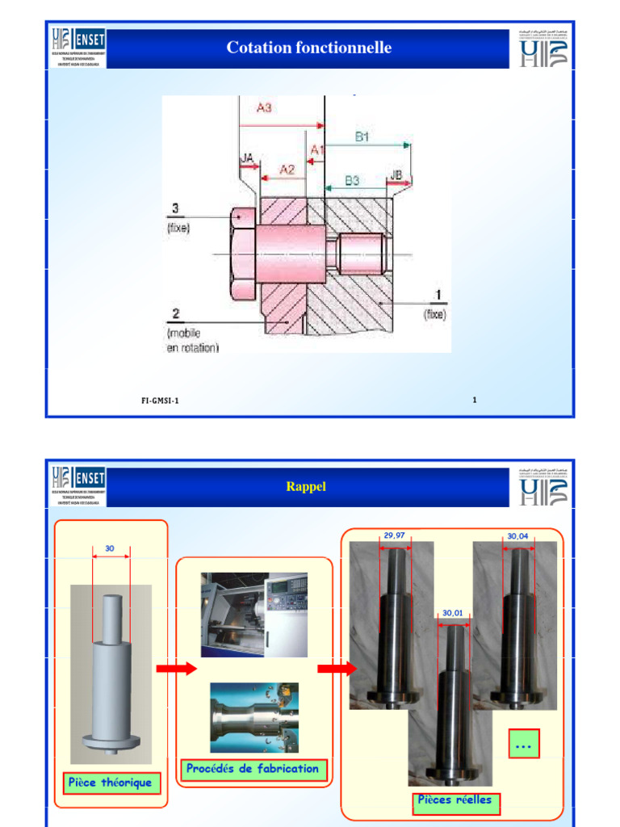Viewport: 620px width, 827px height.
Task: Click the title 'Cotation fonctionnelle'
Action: tap(309, 48)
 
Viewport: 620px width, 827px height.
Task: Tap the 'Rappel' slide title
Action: tap(307, 486)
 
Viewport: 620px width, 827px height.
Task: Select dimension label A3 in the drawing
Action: tap(264, 107)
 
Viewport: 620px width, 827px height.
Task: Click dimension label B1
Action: tap(362, 137)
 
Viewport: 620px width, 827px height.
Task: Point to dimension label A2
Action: tap(287, 169)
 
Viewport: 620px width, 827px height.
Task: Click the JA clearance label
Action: tap(248, 158)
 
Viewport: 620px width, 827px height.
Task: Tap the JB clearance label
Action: tap(396, 175)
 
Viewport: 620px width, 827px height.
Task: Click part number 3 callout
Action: tap(173, 208)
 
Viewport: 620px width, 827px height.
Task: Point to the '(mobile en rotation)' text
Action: tap(192, 340)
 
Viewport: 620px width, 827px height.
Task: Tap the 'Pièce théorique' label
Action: tap(110, 783)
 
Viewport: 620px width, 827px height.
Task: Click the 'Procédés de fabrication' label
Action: tap(252, 769)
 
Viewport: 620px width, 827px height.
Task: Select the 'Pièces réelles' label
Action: tap(454, 800)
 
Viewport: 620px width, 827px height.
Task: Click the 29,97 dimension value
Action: tap(394, 535)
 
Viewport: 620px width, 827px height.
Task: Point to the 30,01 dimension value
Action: tap(454, 614)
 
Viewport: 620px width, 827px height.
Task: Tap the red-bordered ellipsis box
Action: tap(523, 744)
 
